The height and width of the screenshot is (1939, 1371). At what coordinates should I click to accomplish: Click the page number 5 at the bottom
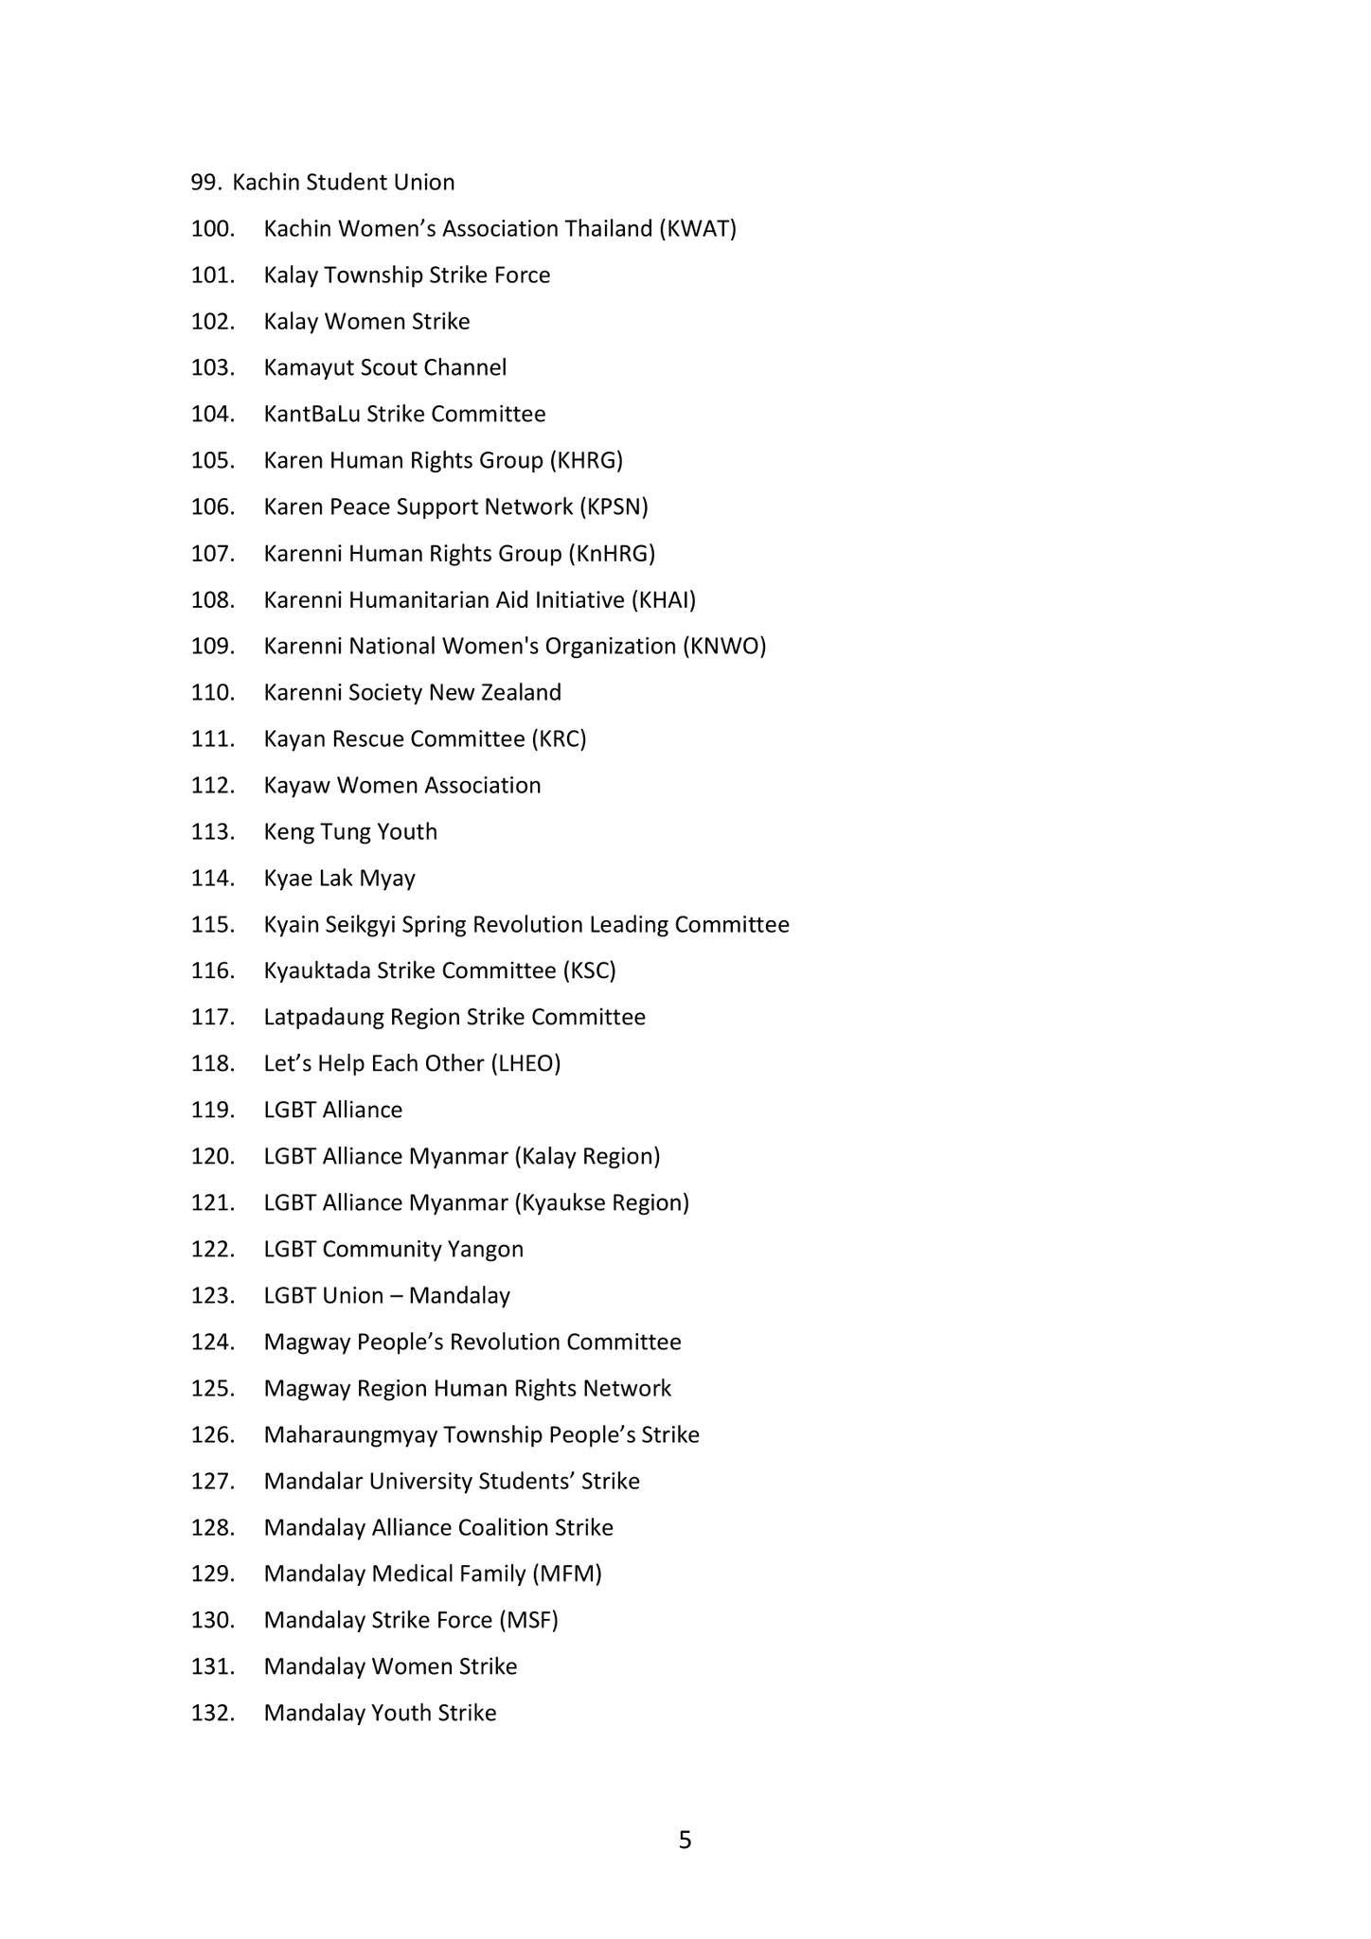(685, 1840)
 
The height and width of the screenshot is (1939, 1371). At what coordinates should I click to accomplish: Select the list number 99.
(205, 182)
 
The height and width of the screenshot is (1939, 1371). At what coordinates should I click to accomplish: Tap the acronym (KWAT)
(698, 228)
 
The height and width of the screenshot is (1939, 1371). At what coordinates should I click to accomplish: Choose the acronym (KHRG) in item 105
(586, 460)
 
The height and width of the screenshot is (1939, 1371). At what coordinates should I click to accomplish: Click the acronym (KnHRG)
(612, 553)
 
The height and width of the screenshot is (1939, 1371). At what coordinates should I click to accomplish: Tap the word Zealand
(521, 692)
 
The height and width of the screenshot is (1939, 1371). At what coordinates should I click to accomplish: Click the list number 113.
(212, 831)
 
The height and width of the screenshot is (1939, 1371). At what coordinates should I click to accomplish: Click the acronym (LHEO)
(525, 1063)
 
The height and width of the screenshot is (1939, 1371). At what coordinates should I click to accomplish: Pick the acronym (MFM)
(567, 1574)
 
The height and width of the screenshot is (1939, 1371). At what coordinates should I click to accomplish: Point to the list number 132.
(212, 1713)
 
